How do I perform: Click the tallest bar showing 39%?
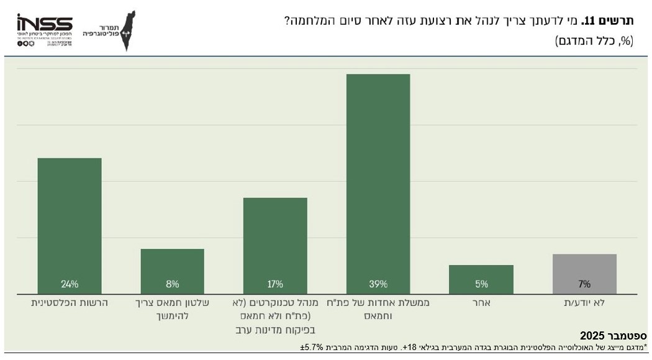click(378, 180)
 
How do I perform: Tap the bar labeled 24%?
click(70, 223)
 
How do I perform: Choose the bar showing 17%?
click(275, 242)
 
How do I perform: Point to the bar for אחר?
click(481, 277)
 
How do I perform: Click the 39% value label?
click(378, 284)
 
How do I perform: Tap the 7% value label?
click(584, 284)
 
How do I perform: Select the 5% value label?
click(481, 284)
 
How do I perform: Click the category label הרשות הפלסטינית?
click(70, 302)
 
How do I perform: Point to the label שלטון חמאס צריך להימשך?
click(172, 308)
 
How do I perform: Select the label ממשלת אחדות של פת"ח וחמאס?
click(378, 308)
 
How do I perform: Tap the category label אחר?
click(481, 302)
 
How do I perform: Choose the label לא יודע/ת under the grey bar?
click(584, 302)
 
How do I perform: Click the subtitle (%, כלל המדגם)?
click(594, 42)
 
